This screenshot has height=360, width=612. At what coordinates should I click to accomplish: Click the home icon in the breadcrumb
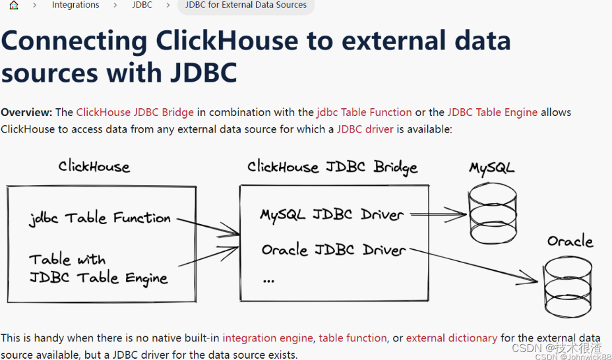pos(14,5)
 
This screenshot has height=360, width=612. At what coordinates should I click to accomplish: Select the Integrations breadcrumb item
pos(75,5)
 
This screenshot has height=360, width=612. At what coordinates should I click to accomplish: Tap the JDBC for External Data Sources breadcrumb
pos(246,5)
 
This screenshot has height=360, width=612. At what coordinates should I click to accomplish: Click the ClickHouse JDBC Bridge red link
pos(135,112)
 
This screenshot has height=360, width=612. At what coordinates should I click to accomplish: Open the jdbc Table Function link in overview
pos(364,112)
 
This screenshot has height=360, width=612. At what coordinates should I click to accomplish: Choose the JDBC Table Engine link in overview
pos(492,112)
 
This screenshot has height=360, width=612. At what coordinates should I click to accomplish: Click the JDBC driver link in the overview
pos(365,129)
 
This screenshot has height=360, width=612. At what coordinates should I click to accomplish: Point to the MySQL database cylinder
pos(492,212)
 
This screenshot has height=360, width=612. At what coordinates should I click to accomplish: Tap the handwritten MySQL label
pos(491,167)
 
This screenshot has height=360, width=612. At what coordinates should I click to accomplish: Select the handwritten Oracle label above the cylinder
pos(570,241)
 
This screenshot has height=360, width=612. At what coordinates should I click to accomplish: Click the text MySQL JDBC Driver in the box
pos(332,215)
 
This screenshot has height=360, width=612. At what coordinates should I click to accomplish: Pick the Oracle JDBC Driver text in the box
pos(333,251)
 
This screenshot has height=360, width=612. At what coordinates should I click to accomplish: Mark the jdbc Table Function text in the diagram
pos(100,218)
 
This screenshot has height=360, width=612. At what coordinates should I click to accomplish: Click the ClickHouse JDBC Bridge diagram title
pos(332,167)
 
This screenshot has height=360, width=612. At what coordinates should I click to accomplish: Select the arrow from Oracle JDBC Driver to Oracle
pos(475,264)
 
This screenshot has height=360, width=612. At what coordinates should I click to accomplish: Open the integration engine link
pos(267,338)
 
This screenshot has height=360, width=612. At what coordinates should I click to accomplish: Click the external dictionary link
pos(451,338)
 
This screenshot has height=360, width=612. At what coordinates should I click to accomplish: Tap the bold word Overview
pos(26,112)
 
